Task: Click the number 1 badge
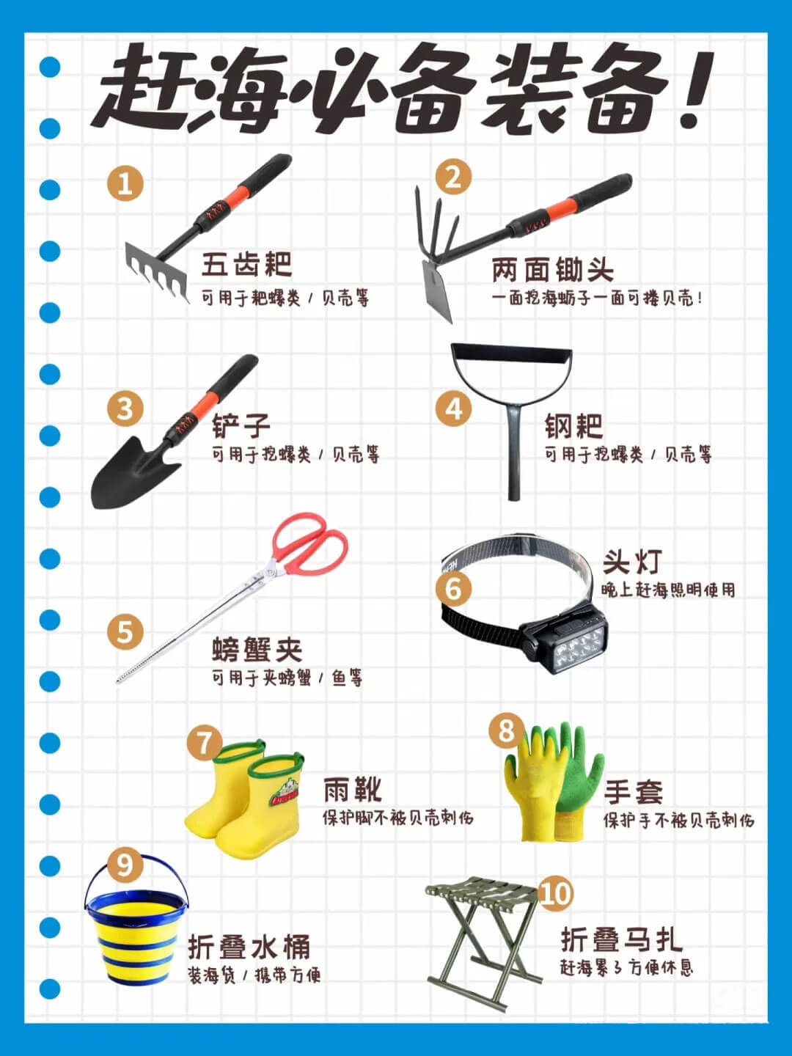125,183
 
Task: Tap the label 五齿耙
247,264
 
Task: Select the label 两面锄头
553,270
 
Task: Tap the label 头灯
633,562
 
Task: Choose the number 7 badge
204,742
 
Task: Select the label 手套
634,793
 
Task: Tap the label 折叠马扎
622,939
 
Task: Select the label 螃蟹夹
257,650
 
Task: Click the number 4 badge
454,408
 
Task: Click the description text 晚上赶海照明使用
668,590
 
